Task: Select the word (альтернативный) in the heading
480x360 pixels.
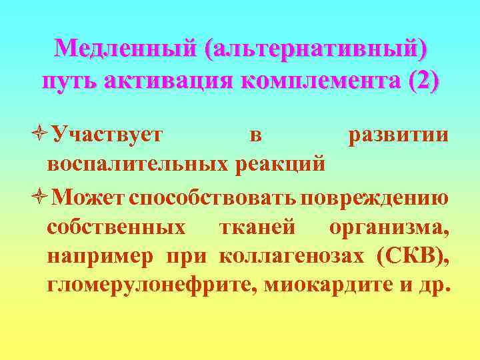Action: pos(316,49)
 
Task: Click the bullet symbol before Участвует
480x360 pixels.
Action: pos(41,135)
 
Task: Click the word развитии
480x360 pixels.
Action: pos(399,135)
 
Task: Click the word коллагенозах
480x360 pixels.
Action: pos(291,256)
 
